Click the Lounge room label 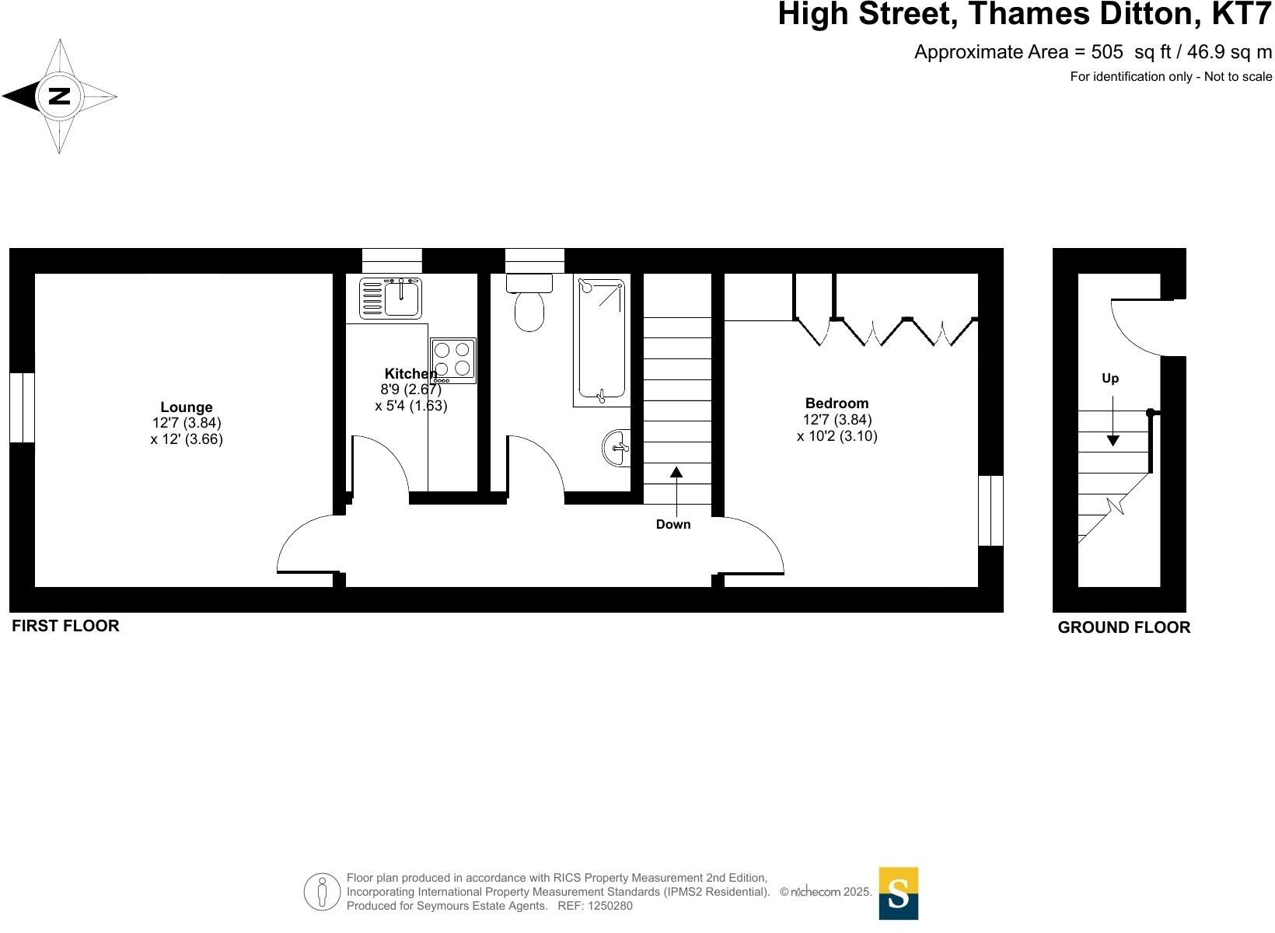[187, 407]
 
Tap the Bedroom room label [837, 403]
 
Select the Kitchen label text [410, 374]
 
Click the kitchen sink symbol [391, 299]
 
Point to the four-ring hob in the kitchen [453, 360]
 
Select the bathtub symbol [602, 341]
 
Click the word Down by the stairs [672, 524]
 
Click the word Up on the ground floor [1109, 379]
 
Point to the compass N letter [59, 96]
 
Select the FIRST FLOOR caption [65, 626]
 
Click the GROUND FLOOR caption [1123, 627]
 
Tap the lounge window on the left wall [22, 408]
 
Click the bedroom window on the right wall [990, 511]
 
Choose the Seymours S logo [898, 893]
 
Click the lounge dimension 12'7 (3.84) [187, 423]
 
